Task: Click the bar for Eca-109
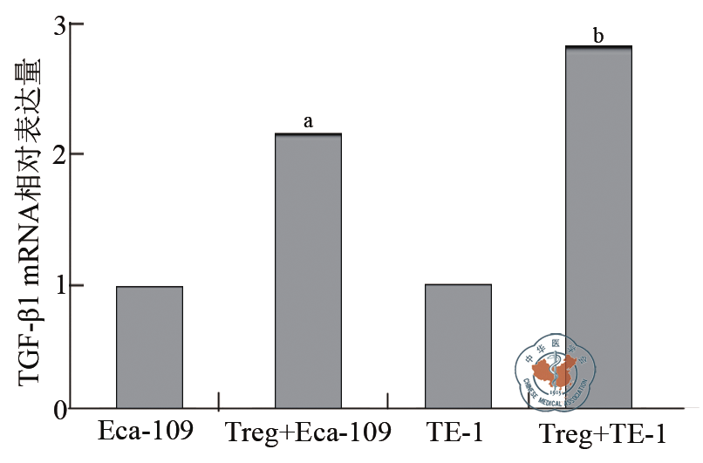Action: point(149,347)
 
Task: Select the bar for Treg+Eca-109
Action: point(308,271)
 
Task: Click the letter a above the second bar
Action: point(308,122)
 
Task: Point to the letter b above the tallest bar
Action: point(598,36)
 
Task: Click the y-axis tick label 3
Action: point(60,25)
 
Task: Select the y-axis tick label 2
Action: point(60,154)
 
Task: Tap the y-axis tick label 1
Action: point(60,285)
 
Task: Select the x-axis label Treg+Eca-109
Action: point(308,433)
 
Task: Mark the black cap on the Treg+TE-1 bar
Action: point(598,46)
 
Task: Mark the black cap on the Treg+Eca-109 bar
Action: point(308,134)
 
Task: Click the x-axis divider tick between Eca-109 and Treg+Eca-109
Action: point(218,401)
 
